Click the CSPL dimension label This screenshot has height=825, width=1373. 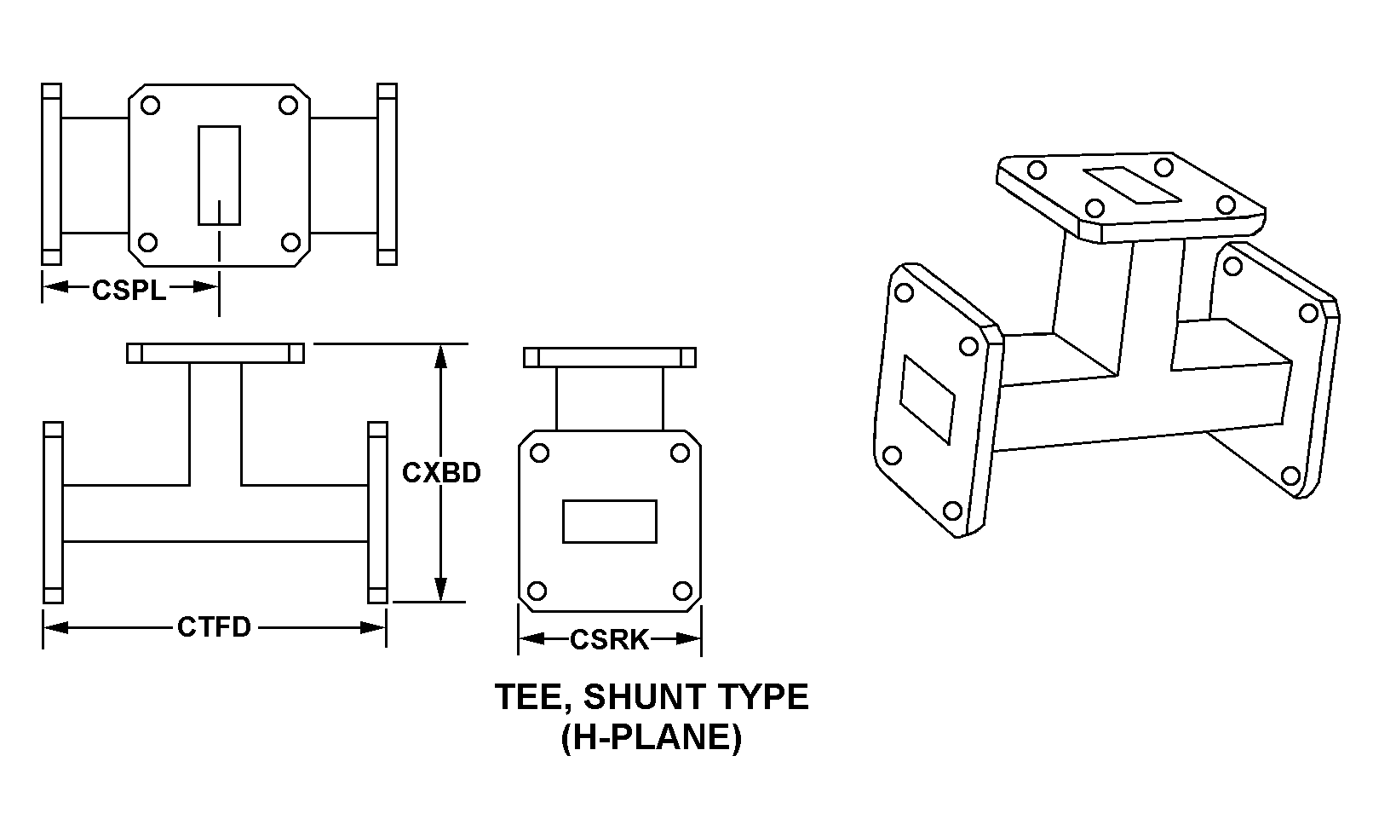[129, 290]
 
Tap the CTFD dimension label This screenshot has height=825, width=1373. [215, 627]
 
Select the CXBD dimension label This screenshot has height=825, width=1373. [441, 472]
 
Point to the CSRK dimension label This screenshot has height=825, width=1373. [609, 640]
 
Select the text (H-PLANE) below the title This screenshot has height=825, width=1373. [652, 736]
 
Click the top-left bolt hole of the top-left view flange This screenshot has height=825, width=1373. [150, 106]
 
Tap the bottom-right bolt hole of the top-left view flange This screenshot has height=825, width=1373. [290, 242]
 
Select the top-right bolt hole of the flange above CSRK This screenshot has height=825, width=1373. [680, 453]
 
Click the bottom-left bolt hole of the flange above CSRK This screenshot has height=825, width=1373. [537, 591]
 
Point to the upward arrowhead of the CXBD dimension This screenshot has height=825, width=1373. [440, 356]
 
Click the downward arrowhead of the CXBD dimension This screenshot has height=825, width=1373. [440, 590]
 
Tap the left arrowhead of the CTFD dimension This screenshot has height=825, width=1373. [55, 627]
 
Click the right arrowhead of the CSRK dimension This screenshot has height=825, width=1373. [689, 639]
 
